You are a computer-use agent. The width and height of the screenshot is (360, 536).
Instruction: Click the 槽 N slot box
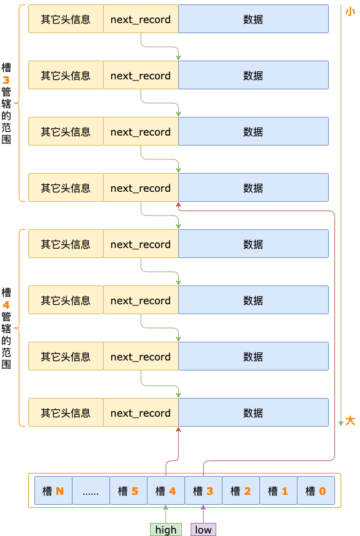click(x=53, y=491)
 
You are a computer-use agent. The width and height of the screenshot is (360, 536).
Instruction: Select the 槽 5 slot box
click(x=128, y=491)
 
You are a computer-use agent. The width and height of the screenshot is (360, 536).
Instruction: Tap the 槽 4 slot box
click(x=166, y=491)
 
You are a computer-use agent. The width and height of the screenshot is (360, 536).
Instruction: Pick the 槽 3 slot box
click(x=203, y=491)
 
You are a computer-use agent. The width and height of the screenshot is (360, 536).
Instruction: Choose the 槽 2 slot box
click(x=241, y=491)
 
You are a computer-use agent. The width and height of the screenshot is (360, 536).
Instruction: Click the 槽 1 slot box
click(x=278, y=491)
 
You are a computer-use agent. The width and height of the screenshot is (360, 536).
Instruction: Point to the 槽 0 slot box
click(x=316, y=491)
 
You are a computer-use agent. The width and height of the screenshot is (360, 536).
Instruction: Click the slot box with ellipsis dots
click(x=91, y=491)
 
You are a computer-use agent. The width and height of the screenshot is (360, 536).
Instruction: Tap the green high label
click(x=166, y=530)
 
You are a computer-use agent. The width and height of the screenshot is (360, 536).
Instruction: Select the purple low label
click(x=203, y=530)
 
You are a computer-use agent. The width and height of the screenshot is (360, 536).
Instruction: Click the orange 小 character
click(x=350, y=11)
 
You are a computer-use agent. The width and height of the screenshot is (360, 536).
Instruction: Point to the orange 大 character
click(x=350, y=421)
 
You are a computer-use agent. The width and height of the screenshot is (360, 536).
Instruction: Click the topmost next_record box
click(x=141, y=19)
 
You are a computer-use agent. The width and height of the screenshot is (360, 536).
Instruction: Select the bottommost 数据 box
click(x=253, y=413)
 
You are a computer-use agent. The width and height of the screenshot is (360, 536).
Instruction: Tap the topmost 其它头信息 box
click(x=66, y=19)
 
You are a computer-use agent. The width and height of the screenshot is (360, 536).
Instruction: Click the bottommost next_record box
click(x=141, y=413)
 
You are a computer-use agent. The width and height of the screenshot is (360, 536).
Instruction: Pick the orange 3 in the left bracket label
click(x=6, y=80)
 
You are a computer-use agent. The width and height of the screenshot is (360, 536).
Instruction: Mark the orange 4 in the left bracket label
click(x=6, y=305)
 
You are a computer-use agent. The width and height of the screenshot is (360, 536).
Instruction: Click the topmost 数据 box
click(x=253, y=19)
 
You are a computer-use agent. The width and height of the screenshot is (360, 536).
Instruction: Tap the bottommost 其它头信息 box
click(x=66, y=413)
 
